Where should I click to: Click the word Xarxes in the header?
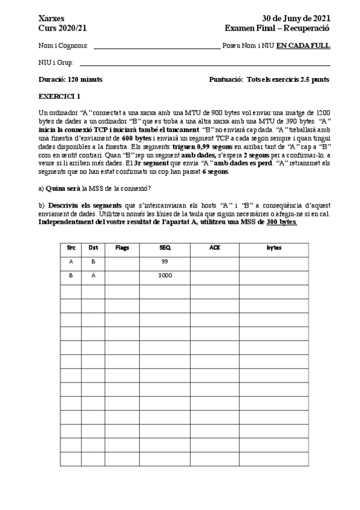[x=52, y=19]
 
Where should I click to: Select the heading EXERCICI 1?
[x=59, y=96]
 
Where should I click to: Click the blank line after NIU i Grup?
[x=205, y=64]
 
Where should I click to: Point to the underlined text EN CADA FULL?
[x=303, y=46]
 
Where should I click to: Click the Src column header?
[x=71, y=247]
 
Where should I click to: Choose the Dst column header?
[x=93, y=247]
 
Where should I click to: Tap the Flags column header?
[x=122, y=247]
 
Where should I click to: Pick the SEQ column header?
[x=164, y=247]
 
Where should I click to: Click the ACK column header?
[x=214, y=247]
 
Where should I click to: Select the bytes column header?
[x=273, y=247]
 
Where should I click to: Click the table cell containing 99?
[x=164, y=262]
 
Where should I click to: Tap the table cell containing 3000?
[x=164, y=276]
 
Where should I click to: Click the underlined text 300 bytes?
[x=281, y=222]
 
